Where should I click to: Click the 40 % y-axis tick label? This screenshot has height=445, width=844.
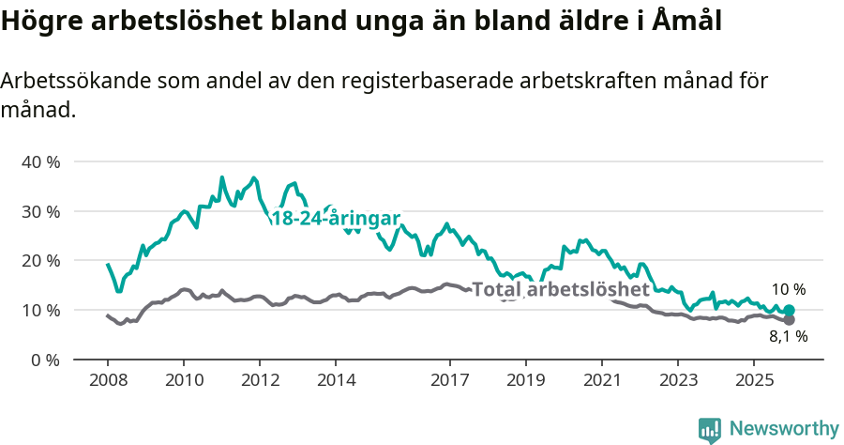pyautogui.click(x=40, y=161)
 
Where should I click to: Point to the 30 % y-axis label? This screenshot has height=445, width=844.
pyautogui.click(x=40, y=211)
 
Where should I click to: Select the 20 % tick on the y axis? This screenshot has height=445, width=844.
pyautogui.click(x=40, y=260)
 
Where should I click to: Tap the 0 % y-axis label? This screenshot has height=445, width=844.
pyautogui.click(x=45, y=360)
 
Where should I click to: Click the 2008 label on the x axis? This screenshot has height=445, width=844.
pyautogui.click(x=107, y=380)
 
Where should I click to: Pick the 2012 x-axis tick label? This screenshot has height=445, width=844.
pyautogui.click(x=260, y=380)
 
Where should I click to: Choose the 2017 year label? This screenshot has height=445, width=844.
pyautogui.click(x=450, y=380)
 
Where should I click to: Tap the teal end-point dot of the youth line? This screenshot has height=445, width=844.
pyautogui.click(x=790, y=310)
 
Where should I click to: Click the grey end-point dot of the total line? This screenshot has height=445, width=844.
pyautogui.click(x=790, y=320)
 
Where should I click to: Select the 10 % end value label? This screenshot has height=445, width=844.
pyautogui.click(x=789, y=290)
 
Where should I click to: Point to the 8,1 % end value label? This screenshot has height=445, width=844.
pyautogui.click(x=789, y=337)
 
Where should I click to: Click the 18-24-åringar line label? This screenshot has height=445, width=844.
pyautogui.click(x=336, y=219)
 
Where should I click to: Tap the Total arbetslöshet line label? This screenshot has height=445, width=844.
pyautogui.click(x=561, y=289)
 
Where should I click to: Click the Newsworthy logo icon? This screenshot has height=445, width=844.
pyautogui.click(x=710, y=429)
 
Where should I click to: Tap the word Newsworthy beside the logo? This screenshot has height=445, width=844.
pyautogui.click(x=784, y=429)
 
